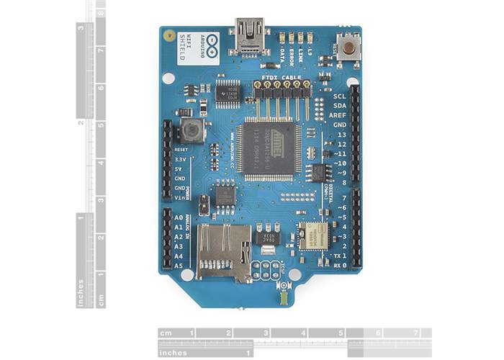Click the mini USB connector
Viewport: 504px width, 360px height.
[x=249, y=40]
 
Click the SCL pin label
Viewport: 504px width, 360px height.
[x=340, y=95]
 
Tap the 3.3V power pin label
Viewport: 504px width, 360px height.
[x=181, y=158]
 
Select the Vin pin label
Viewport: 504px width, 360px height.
[x=180, y=197]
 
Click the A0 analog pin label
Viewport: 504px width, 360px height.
[x=179, y=216]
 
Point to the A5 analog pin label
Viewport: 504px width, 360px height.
[x=179, y=266]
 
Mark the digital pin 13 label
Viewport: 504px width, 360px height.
[x=341, y=135]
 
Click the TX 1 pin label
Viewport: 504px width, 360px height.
[x=338, y=256]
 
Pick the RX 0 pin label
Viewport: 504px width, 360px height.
[x=339, y=266]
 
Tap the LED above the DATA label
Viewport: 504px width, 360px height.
[x=281, y=38]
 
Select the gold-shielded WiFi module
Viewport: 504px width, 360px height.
[x=313, y=235]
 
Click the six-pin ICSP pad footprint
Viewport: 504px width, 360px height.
[x=266, y=271]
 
